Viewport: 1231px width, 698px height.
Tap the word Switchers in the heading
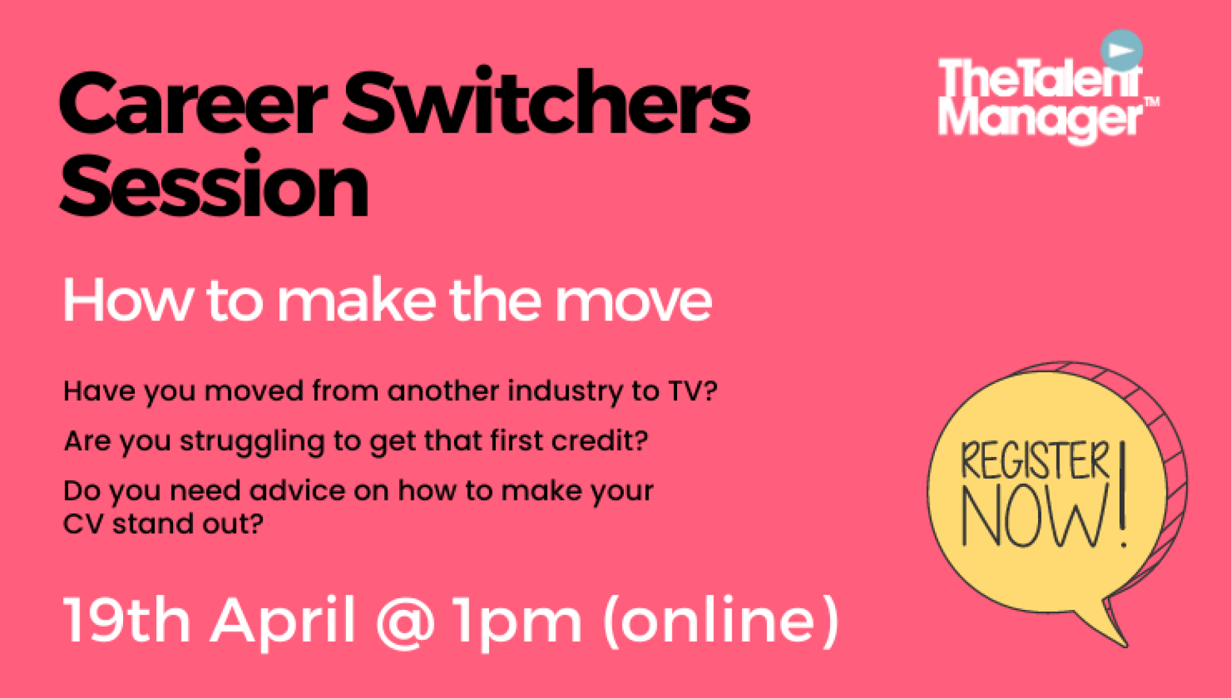tap(546, 101)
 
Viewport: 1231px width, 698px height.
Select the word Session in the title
tap(214, 185)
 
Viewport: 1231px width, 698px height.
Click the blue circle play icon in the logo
tap(1122, 50)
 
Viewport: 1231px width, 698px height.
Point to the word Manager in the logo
tap(1041, 119)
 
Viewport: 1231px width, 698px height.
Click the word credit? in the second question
tap(599, 440)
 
